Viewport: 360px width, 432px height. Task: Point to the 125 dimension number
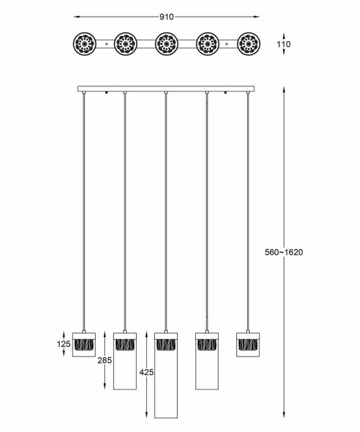coord(63,345)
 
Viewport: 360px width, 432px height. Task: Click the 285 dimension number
coord(104,360)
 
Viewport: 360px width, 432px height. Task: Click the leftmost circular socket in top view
coord(84,44)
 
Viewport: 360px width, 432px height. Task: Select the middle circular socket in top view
coord(166,44)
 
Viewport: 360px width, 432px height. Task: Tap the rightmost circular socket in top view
coord(248,44)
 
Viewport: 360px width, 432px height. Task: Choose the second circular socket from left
coord(125,44)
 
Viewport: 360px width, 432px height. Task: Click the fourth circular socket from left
coord(207,44)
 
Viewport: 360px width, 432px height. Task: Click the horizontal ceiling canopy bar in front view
coord(166,89)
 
